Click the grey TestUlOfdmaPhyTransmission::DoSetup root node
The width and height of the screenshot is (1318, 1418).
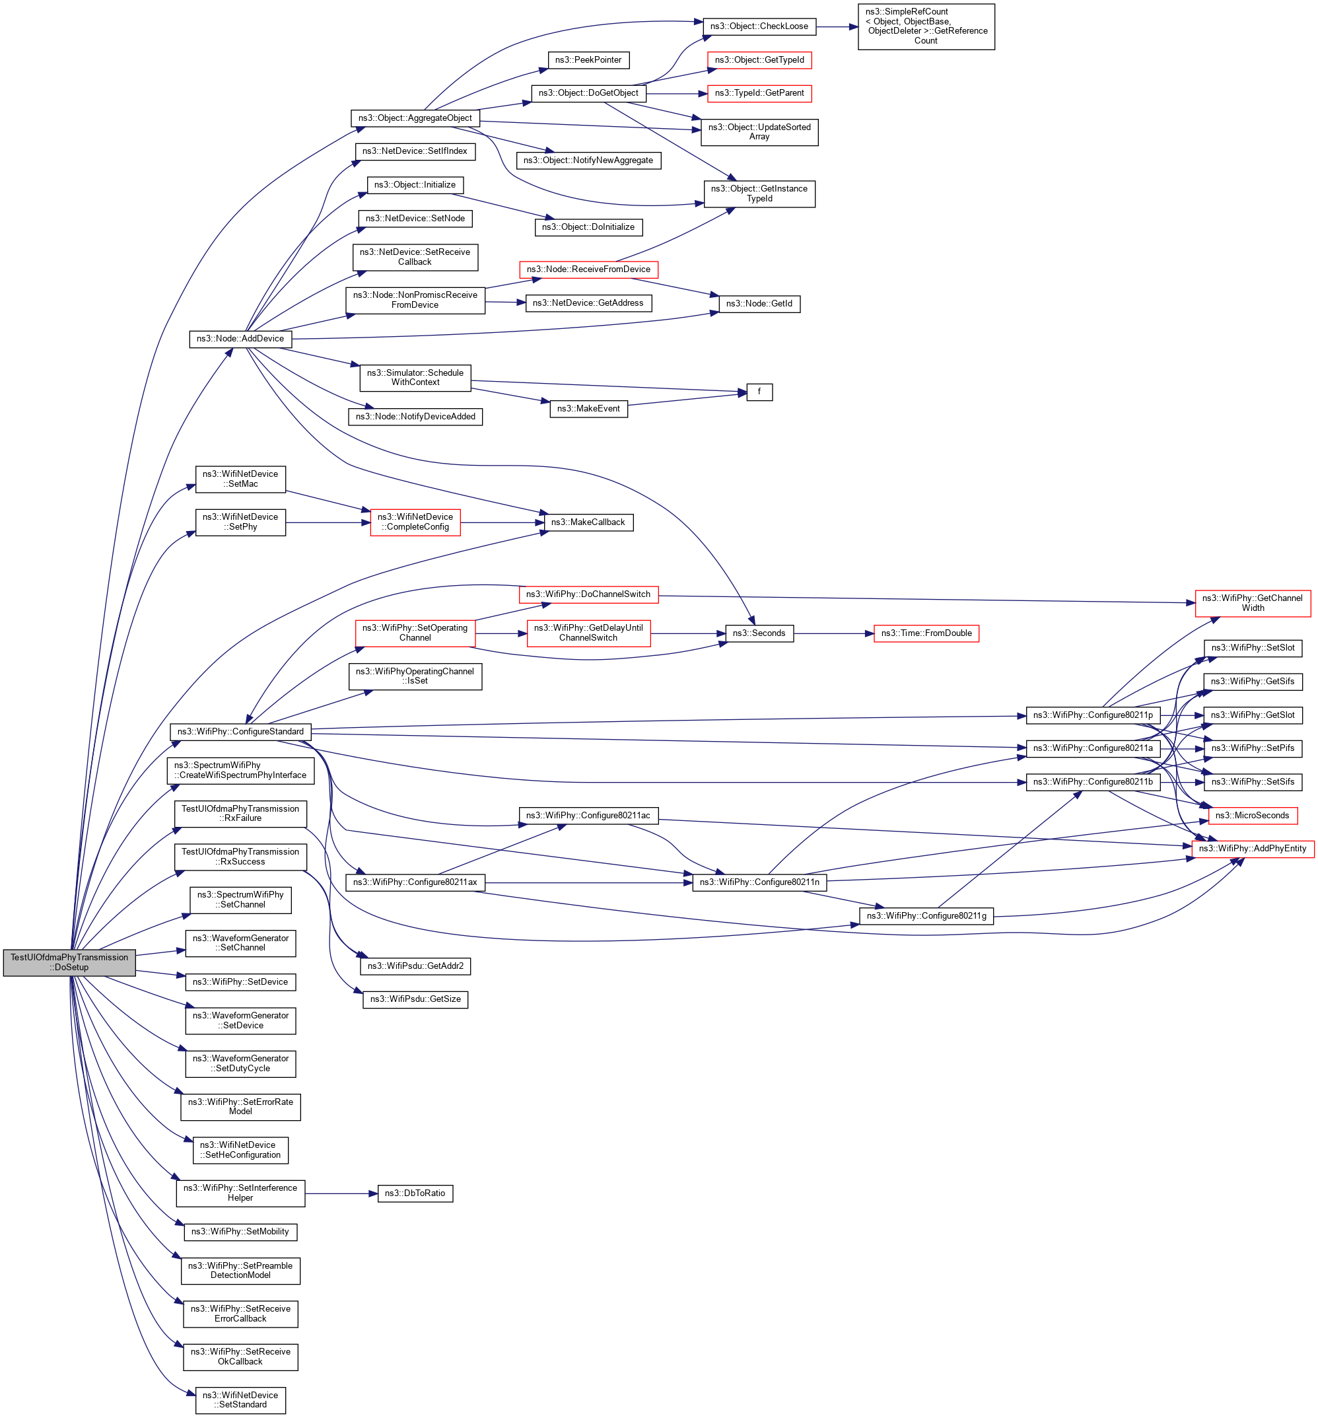(69, 962)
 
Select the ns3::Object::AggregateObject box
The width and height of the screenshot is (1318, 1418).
(415, 118)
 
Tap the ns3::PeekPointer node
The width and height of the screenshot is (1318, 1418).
(588, 60)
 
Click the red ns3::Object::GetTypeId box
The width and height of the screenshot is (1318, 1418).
(759, 60)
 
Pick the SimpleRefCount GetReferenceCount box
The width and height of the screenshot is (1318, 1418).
(926, 26)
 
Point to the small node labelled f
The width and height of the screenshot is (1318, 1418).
(759, 392)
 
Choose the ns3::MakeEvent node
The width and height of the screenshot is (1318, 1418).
(588, 409)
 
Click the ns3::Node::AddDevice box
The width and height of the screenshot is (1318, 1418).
(240, 339)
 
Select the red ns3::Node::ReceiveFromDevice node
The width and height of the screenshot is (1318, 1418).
(588, 269)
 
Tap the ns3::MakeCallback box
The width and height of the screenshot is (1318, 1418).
(588, 522)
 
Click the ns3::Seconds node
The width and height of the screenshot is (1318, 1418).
(759, 633)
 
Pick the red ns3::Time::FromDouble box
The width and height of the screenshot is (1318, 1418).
(926, 633)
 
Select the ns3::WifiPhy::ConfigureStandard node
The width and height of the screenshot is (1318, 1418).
(240, 731)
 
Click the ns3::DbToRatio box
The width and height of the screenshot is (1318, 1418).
(415, 1193)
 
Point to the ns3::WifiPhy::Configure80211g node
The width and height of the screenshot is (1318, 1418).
(926, 916)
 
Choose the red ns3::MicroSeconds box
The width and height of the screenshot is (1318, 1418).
(1252, 815)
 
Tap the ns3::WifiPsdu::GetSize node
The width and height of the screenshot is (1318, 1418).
(415, 999)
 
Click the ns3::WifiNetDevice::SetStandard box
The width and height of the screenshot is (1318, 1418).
(240, 1400)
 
